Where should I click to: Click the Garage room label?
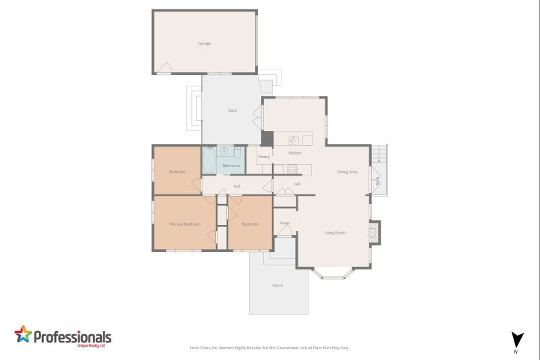pyautogui.click(x=205, y=43)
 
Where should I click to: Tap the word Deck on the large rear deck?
pyautogui.click(x=232, y=110)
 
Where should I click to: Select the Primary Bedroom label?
pyautogui.click(x=185, y=224)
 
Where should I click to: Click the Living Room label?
pyautogui.click(x=335, y=233)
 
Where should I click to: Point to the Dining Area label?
pyautogui.click(x=347, y=172)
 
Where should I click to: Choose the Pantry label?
pyautogui.click(x=264, y=157)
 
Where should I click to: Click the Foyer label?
pyautogui.click(x=285, y=223)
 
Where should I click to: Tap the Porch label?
pyautogui.click(x=277, y=286)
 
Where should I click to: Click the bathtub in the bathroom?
pyautogui.click(x=209, y=161)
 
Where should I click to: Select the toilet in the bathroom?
pyautogui.click(x=238, y=151)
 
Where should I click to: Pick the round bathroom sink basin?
pyautogui.click(x=223, y=150)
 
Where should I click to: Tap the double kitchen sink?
pyautogui.click(x=295, y=140)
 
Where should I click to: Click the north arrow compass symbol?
pyautogui.click(x=517, y=340)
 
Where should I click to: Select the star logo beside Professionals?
pyautogui.click(x=23, y=334)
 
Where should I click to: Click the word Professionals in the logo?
pyautogui.click(x=72, y=336)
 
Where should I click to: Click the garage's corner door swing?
pyautogui.click(x=163, y=68)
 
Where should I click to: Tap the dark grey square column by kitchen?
pyautogui.click(x=267, y=138)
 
